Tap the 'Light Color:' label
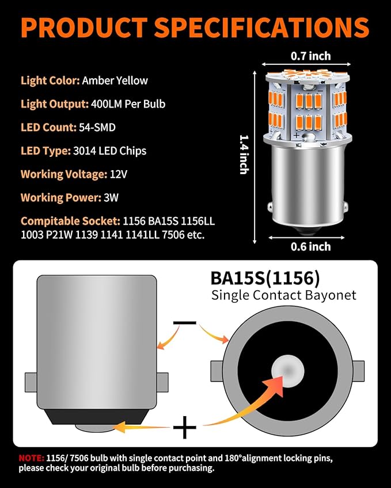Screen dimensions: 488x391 [x=50, y=80]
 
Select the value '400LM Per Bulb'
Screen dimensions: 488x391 [x=128, y=104]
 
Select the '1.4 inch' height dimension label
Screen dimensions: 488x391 [x=244, y=154]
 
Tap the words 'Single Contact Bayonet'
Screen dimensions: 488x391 [x=284, y=295]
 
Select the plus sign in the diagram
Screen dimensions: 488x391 [x=185, y=428]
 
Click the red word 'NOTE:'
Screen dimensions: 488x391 [x=30, y=459]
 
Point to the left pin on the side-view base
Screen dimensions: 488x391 [x=31, y=382]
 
